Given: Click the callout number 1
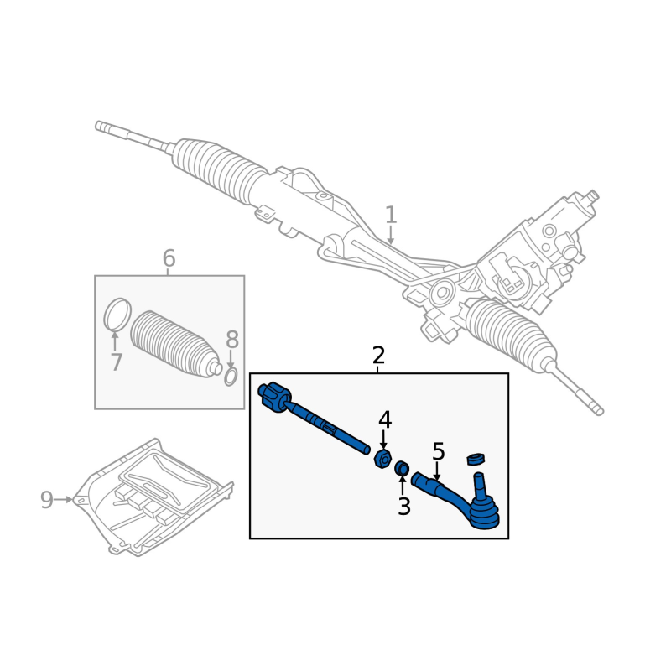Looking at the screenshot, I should click(391, 215).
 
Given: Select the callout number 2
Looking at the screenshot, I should click(378, 355).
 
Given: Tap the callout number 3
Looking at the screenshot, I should click(404, 507).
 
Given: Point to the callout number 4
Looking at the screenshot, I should click(385, 419).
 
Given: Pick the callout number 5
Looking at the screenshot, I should click(438, 452).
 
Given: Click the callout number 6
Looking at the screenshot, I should click(169, 258).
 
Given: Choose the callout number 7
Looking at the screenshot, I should click(116, 362).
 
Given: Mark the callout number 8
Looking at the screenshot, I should click(232, 340).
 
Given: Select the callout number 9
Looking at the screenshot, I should click(47, 500).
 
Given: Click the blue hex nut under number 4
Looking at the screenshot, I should click(382, 459).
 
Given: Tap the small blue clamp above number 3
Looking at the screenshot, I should click(402, 468).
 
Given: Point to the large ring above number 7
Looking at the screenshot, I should click(117, 315).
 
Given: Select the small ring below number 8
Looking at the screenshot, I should click(231, 377).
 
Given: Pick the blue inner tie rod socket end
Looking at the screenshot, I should click(274, 397).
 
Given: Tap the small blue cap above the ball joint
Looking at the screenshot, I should click(476, 458).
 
